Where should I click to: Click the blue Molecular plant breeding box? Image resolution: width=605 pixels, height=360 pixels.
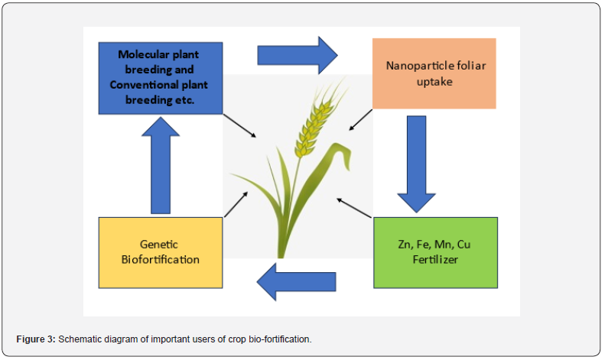point(161,78)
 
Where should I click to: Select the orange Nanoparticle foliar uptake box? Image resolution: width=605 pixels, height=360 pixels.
point(434,73)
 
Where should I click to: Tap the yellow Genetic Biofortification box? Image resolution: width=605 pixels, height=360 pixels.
point(161,252)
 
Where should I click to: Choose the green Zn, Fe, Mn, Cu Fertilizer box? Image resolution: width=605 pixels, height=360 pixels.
point(436,252)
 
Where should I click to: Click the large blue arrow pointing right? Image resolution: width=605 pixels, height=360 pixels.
point(298,55)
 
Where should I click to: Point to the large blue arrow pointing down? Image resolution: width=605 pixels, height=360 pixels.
point(417,164)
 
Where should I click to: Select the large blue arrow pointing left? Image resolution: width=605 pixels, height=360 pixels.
point(296,282)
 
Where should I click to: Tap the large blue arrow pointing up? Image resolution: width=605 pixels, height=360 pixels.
point(161,165)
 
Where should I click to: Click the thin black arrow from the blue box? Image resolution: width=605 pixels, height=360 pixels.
point(239,125)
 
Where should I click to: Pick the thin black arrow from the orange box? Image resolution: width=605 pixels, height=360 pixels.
point(361,120)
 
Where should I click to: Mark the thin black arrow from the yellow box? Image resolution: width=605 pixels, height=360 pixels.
point(236,204)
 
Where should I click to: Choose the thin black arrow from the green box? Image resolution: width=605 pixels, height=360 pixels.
point(354,208)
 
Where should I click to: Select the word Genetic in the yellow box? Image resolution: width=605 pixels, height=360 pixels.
point(159,245)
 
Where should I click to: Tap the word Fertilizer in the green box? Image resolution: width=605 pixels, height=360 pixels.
point(435,259)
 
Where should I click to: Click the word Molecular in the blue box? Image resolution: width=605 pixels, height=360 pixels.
point(144,54)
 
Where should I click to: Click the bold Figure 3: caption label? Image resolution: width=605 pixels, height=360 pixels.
point(36,339)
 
